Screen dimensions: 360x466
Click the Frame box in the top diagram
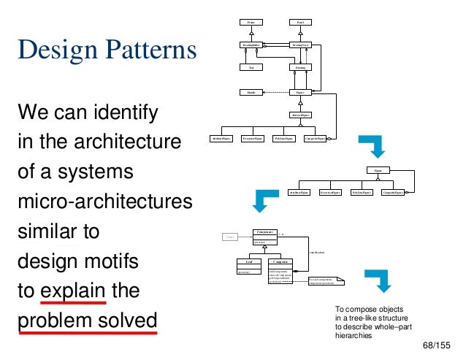pos(251,23)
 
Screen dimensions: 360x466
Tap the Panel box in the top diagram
pos(299,23)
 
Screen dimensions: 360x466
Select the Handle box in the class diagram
pos(251,93)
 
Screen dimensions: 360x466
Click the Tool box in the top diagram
pos(251,68)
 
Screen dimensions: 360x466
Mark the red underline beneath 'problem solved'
pos(88,332)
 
